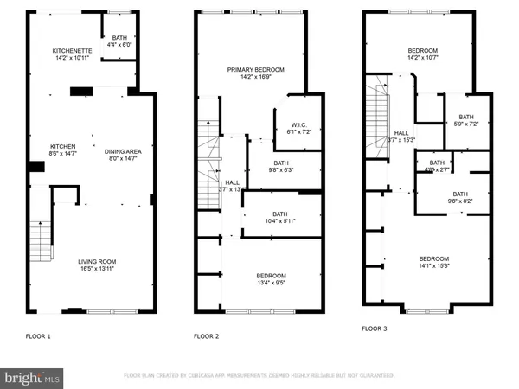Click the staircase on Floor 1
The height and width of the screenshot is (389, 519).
41,242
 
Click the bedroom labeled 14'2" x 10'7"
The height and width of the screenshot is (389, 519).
424,55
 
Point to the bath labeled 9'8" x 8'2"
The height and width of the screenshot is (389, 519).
459,198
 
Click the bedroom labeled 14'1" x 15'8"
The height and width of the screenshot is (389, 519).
434,263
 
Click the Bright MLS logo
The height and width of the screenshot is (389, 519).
33,378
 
